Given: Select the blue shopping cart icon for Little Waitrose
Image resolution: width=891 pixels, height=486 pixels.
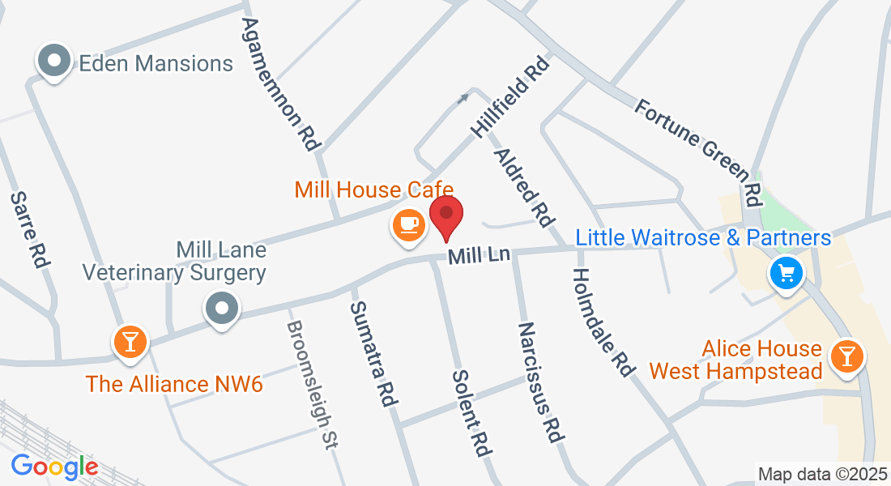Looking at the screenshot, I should (x=785, y=273).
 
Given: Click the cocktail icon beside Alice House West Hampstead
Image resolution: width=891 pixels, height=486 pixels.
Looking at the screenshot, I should (x=847, y=355).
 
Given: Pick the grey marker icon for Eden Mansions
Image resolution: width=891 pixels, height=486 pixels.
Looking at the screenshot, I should (x=54, y=61).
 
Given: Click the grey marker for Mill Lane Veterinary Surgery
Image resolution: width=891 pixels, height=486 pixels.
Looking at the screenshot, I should (x=221, y=308).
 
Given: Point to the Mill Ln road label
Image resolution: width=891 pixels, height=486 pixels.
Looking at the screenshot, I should (x=479, y=256).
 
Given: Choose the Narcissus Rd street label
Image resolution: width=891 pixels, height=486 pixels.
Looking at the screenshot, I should (x=539, y=382).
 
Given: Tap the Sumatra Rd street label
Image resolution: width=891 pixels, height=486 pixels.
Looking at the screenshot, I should (x=372, y=353).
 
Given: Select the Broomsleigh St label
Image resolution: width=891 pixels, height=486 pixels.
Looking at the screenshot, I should (x=313, y=383).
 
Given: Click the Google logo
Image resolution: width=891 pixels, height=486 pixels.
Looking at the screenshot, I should (x=54, y=467).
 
